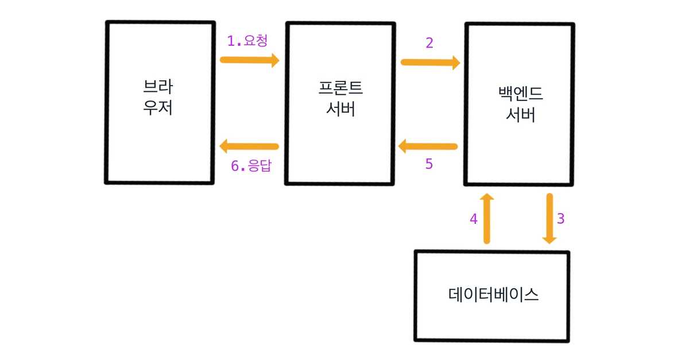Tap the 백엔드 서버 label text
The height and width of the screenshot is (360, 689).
[520, 104]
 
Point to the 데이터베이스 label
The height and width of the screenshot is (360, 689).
[493, 295]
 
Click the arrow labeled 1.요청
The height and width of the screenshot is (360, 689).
[249, 60]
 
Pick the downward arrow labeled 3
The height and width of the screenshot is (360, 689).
[549, 219]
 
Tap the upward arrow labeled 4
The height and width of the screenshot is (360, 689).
[487, 219]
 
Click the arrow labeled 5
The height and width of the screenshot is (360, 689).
[428, 147]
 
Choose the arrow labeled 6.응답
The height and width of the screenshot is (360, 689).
[249, 146]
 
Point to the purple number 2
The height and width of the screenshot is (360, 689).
[429, 43]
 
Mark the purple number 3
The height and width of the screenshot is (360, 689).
[561, 219]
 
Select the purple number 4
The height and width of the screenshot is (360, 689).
[474, 219]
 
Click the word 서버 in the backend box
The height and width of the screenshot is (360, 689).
[520, 114]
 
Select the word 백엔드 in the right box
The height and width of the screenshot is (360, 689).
[520, 94]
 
